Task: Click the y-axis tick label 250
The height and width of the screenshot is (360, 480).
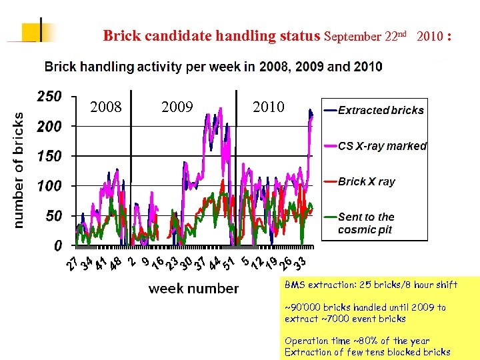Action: tap(49, 97)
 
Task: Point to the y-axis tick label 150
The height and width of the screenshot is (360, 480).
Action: tap(49, 156)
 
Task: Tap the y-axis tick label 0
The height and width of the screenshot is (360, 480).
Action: tap(58, 246)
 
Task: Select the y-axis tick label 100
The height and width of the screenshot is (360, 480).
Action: tap(49, 186)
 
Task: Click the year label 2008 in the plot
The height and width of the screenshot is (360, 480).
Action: tap(106, 107)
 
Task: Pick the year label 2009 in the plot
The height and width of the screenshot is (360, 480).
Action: tap(177, 107)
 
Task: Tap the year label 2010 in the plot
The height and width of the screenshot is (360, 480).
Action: tap(268, 107)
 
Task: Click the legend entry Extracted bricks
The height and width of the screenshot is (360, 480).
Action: tap(381, 111)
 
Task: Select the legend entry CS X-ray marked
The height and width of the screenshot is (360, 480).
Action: tap(382, 146)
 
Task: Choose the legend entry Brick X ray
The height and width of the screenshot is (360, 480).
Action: tap(366, 181)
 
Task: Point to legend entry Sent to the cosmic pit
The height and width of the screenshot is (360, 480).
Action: tap(366, 223)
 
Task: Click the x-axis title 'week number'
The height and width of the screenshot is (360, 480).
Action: tap(193, 289)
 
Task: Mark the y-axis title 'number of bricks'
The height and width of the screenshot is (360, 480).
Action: tap(19, 171)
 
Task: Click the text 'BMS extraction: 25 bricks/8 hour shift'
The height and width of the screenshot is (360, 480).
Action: tap(371, 285)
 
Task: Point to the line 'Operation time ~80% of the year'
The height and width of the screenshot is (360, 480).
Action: tap(357, 341)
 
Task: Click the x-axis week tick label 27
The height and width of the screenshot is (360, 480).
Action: tap(73, 264)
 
